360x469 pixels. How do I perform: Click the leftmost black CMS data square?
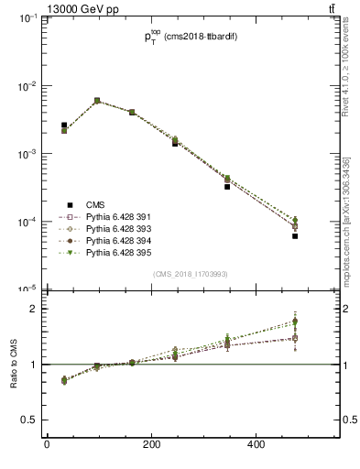click(64, 125)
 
